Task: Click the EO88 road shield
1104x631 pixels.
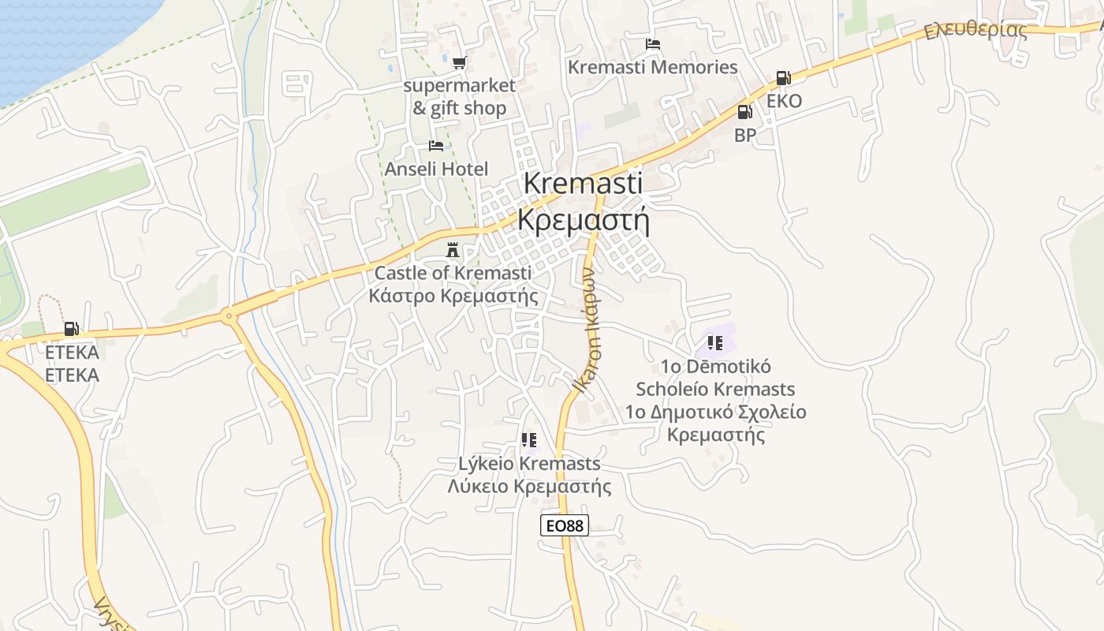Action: coord(565,525)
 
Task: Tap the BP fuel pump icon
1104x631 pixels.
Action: coord(744,112)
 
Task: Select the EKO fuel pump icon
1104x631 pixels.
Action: coord(783,78)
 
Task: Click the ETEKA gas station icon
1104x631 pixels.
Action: coord(72,329)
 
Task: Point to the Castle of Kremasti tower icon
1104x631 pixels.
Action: coord(453,250)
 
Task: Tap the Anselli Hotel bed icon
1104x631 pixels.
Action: coord(435,146)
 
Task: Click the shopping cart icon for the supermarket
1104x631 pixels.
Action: coord(459,62)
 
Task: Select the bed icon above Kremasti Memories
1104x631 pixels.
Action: coord(653,44)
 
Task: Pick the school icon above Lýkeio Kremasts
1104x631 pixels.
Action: coord(529,439)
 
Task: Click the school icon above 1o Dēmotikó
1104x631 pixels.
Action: coord(715,342)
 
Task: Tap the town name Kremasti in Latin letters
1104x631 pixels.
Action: coord(583,183)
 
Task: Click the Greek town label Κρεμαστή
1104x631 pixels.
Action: coord(583,219)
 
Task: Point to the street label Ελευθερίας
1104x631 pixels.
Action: coord(976,31)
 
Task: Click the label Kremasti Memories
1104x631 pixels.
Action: coord(653,68)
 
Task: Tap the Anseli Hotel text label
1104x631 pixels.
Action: coord(436,169)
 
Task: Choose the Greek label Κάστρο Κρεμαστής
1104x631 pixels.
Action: coord(453,297)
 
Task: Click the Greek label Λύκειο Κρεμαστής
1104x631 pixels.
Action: coord(529,486)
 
